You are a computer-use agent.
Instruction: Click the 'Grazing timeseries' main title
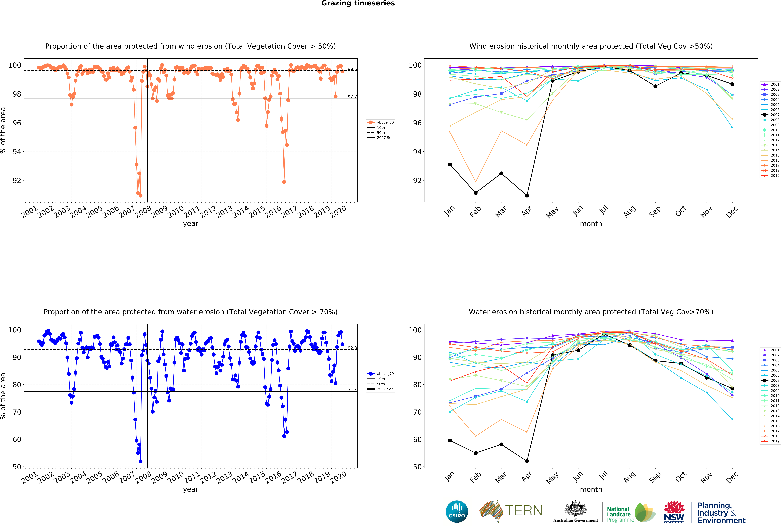point(358,3)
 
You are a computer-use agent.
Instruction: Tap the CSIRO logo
point(457,512)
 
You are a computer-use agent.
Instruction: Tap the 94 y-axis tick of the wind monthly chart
point(417,152)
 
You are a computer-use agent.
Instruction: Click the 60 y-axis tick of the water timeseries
point(17,439)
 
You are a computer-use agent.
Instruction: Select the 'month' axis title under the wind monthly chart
point(591,224)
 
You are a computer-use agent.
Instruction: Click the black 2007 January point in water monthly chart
point(450,440)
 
